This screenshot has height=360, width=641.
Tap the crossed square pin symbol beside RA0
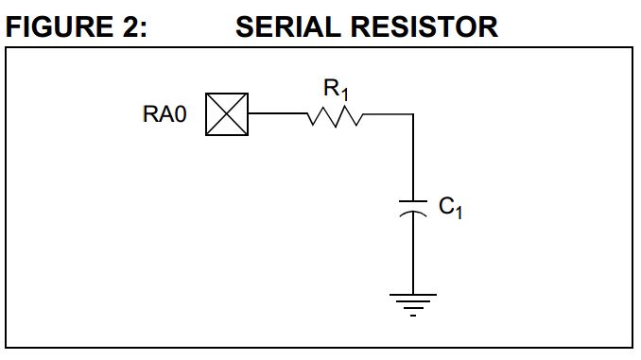tap(227, 114)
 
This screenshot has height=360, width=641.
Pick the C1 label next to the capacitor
tap(451, 207)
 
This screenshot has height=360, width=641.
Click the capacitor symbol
tap(414, 208)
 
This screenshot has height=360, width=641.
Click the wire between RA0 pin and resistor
tap(276, 114)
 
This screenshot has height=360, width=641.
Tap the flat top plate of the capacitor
tap(414, 201)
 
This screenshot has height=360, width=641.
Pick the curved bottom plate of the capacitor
tap(414, 214)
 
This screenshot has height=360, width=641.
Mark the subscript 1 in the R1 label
tap(345, 95)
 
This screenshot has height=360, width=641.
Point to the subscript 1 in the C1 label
tap(459, 212)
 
